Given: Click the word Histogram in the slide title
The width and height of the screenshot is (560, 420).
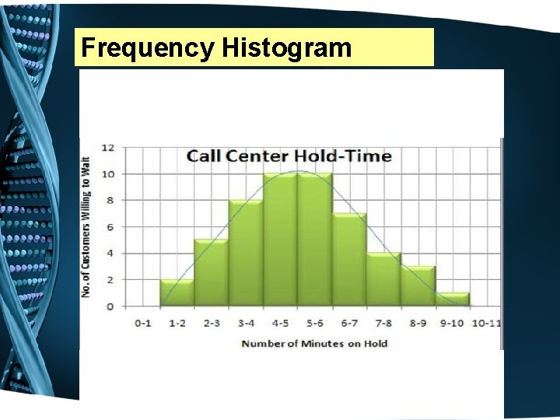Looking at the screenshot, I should tap(286, 48).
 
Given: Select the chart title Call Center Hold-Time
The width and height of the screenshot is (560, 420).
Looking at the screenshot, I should tap(289, 156).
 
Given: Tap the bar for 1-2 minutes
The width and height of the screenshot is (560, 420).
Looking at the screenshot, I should tap(177, 293).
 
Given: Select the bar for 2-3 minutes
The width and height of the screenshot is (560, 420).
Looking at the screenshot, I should tap(211, 273).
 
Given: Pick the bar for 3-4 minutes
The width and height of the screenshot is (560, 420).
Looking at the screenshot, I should tap(246, 254).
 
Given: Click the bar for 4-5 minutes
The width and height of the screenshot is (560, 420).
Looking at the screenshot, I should tap(280, 240).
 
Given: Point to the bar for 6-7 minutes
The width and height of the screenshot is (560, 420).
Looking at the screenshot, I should tap(349, 260).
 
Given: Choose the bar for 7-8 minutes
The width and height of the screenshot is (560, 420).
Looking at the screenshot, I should tap(383, 280).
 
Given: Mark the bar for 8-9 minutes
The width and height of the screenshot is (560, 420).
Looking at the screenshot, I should tap(418, 286).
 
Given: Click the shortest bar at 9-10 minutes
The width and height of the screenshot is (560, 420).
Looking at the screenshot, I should tap(452, 299).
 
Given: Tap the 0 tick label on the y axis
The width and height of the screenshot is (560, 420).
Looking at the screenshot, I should tap(110, 306).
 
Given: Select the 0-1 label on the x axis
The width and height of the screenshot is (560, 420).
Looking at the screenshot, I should tap(142, 323).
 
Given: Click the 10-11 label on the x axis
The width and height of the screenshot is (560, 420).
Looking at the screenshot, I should tap(486, 323).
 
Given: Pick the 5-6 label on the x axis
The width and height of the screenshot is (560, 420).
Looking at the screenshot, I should tap(314, 323).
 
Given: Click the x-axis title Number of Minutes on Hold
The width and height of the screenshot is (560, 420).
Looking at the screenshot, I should tap(314, 343).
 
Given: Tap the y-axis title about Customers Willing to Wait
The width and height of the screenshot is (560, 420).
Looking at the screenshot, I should tap(86, 226).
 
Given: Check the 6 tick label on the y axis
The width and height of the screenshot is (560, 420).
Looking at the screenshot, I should tap(110, 227).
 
